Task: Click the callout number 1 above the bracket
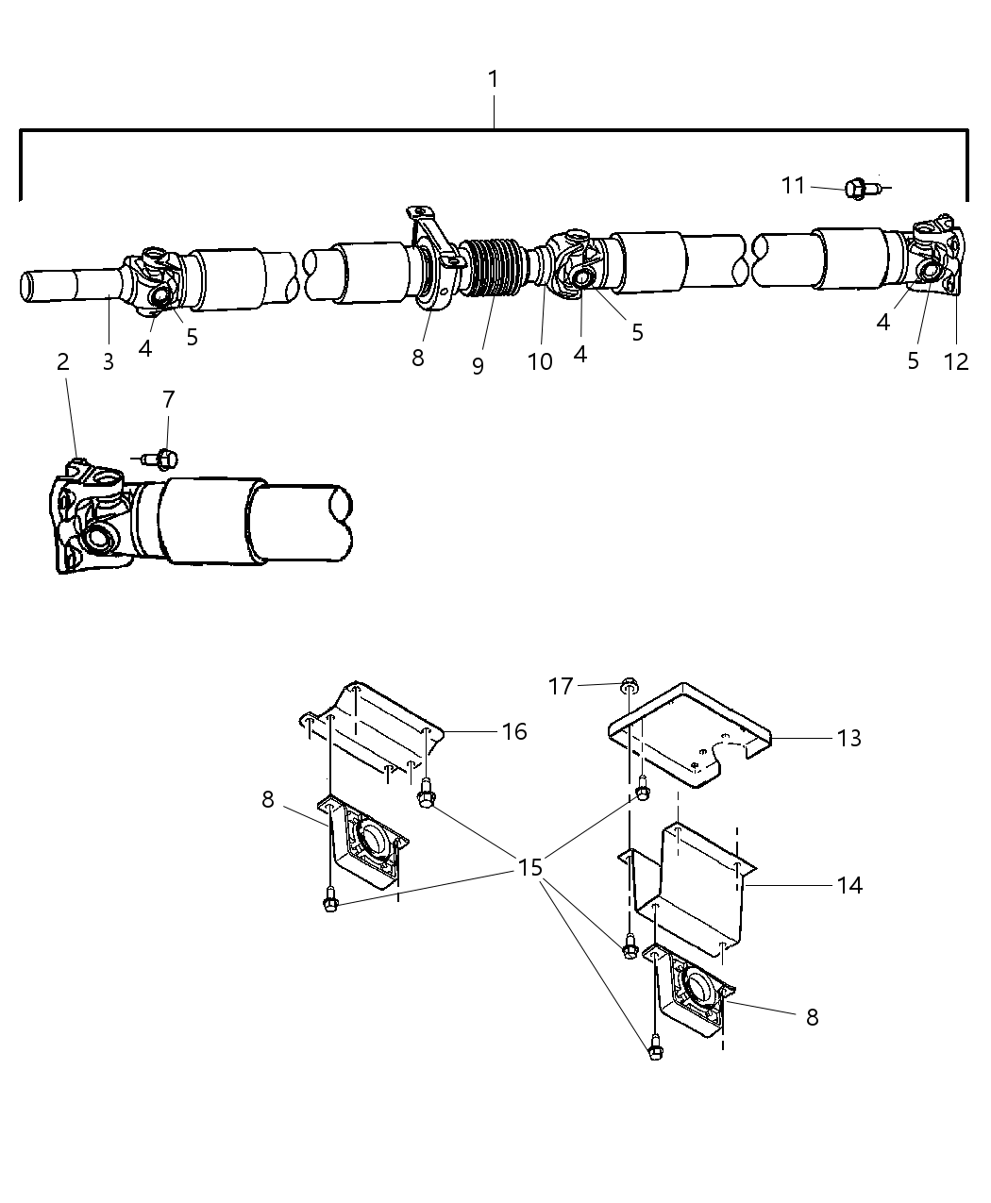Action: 493,79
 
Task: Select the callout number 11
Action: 794,186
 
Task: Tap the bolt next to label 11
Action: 859,189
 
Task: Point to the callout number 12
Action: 955,361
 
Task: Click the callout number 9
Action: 478,366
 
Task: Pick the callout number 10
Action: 540,361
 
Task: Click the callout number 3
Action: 108,361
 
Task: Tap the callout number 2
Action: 62,361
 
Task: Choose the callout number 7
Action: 168,399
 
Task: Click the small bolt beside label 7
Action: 162,459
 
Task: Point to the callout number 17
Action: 561,686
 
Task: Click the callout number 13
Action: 848,738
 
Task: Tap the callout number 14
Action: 848,885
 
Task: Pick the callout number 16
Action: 513,731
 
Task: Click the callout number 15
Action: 530,866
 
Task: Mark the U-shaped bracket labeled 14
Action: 698,868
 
